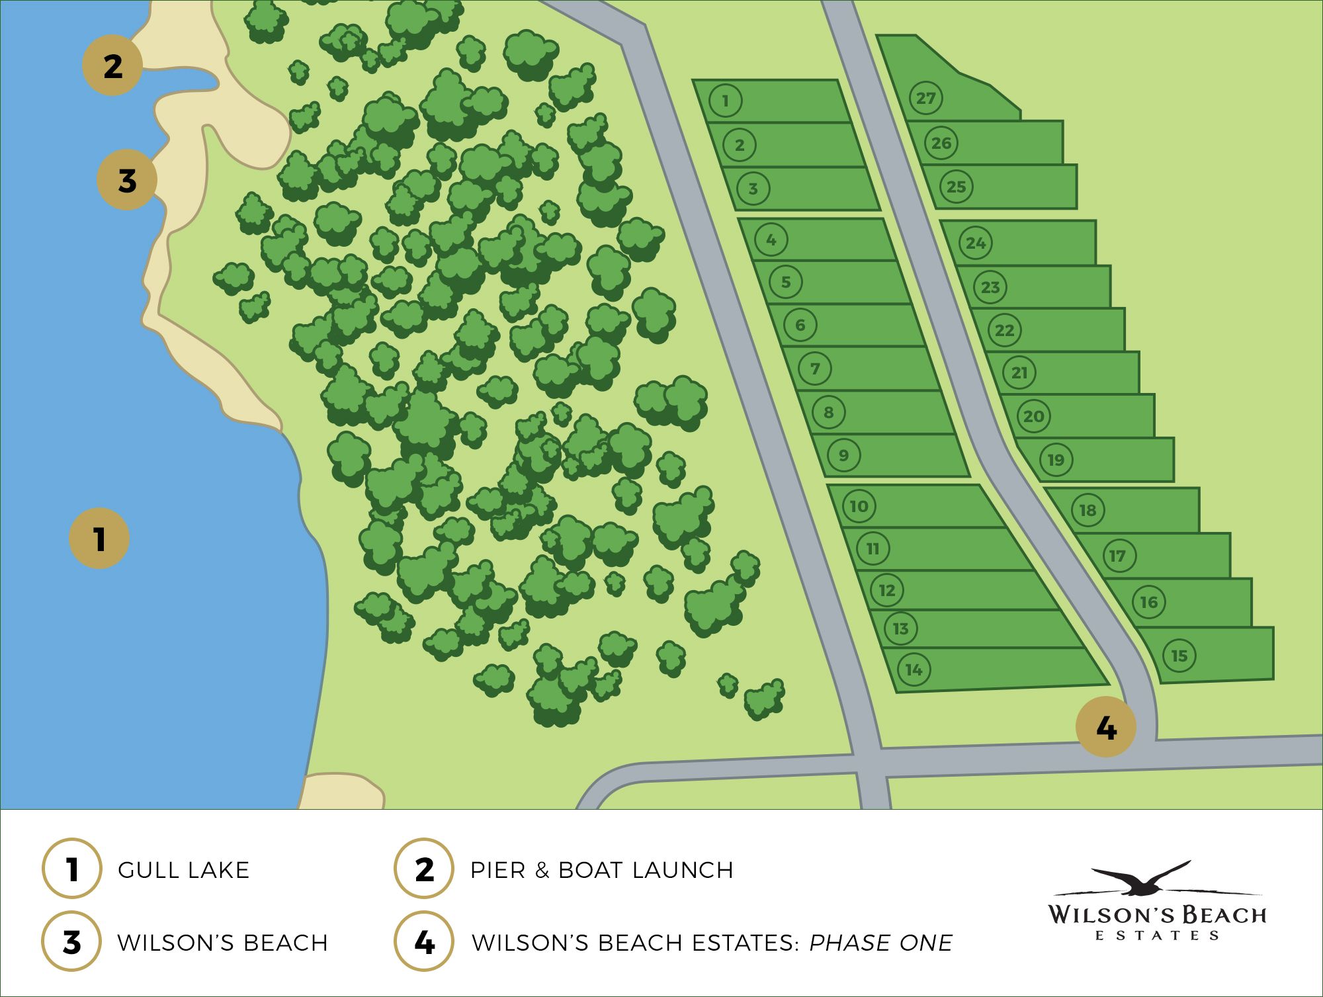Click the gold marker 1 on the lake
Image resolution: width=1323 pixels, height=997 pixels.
click(x=99, y=538)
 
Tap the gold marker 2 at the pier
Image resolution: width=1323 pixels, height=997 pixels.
click(x=112, y=65)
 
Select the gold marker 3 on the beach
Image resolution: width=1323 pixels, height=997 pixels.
click(x=127, y=180)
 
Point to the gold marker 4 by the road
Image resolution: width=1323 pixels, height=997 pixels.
click(x=1106, y=728)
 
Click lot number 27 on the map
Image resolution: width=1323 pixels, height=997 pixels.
click(x=925, y=99)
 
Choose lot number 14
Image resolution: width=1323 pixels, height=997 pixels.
click(x=914, y=670)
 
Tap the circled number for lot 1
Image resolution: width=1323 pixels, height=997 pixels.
click(x=725, y=101)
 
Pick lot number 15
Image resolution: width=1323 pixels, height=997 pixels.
click(x=1179, y=656)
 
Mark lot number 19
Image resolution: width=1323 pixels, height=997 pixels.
click(x=1056, y=460)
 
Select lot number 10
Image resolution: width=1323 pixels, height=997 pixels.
click(x=859, y=506)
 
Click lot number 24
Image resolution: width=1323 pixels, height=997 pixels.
click(x=976, y=243)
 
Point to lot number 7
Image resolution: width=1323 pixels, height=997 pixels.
click(x=815, y=368)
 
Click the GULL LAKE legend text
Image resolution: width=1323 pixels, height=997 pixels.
click(x=183, y=870)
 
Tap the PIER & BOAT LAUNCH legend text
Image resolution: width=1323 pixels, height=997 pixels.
click(x=601, y=870)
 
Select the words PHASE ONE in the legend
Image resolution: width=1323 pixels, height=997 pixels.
click(x=880, y=943)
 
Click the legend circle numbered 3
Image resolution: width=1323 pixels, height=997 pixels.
click(x=71, y=942)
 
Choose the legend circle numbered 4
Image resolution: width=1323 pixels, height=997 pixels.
click(x=424, y=942)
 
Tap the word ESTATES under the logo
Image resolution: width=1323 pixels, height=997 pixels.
click(x=1157, y=935)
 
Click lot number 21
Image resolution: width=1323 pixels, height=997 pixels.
click(x=1019, y=372)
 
